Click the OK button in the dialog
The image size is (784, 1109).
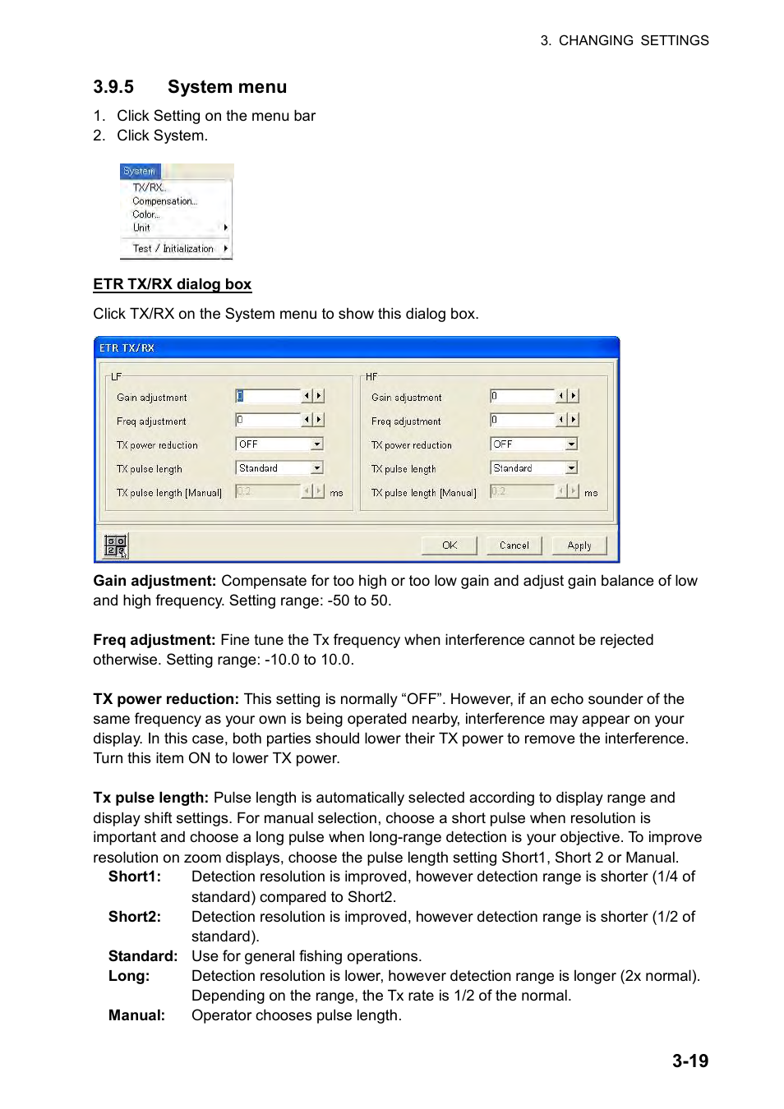click(450, 545)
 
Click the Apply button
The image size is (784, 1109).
click(579, 545)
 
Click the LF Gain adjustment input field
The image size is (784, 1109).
click(268, 396)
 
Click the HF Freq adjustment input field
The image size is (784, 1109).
click(523, 420)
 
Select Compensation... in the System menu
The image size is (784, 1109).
click(164, 201)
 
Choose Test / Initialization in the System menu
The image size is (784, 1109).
click(173, 248)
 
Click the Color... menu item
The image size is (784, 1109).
click(146, 214)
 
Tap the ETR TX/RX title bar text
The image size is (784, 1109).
click(127, 348)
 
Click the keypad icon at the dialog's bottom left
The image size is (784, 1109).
click(116, 545)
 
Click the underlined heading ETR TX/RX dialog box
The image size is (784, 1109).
click(172, 284)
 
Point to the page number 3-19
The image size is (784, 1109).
click(689, 1061)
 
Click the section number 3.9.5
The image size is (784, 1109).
click(113, 87)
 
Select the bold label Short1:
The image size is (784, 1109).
click(135, 877)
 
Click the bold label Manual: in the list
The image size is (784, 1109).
click(136, 1015)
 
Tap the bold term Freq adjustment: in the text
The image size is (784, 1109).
click(154, 640)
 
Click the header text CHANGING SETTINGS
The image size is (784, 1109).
click(633, 40)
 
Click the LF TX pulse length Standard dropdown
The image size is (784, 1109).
click(279, 468)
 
